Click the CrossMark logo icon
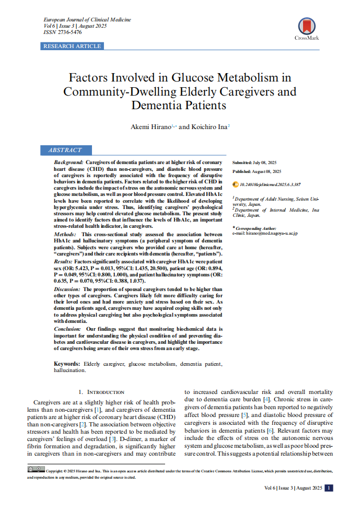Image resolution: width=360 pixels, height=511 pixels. point(307,26)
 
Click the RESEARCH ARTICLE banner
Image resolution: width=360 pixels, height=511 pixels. point(72,47)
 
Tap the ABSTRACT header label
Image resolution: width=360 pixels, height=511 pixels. point(65,150)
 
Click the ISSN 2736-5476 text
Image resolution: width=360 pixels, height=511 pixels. point(62,32)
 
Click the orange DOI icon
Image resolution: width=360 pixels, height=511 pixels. point(235,184)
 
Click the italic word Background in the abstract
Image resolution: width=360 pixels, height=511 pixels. point(68,163)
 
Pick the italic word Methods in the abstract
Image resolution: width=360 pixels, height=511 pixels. point(66,235)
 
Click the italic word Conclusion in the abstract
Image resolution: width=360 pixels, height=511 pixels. point(67,329)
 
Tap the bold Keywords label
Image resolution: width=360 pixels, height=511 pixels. point(67,363)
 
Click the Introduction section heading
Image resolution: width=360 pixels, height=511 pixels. point(101,392)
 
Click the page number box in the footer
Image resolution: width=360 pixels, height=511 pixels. point(329,488)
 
